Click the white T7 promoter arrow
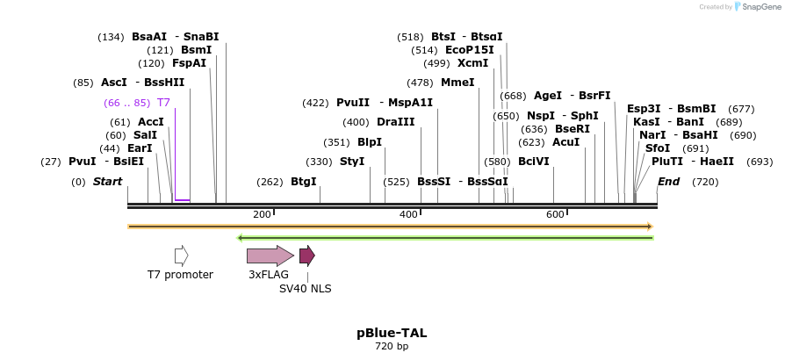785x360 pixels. click(182, 256)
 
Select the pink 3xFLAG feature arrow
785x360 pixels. click(270, 256)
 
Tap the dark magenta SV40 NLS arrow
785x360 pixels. click(306, 256)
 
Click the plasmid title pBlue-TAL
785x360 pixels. click(392, 333)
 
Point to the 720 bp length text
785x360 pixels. click(392, 347)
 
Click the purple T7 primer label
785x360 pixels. click(163, 103)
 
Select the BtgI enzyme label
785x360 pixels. click(303, 182)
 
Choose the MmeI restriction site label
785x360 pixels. click(457, 83)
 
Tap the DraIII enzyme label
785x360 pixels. click(395, 122)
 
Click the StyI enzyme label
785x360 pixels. click(351, 162)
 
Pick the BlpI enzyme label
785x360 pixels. click(370, 142)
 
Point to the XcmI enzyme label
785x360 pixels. click(472, 63)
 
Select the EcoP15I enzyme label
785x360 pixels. click(470, 50)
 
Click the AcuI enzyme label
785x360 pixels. click(566, 142)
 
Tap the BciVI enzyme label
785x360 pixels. click(534, 162)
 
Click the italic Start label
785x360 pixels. click(107, 182)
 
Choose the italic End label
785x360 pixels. click(669, 182)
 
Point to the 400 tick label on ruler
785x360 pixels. click(408, 215)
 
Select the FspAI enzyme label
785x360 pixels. click(189, 63)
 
